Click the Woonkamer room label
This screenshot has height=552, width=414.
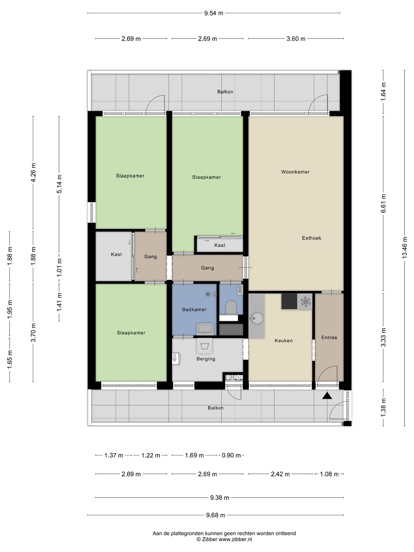click(x=295, y=172)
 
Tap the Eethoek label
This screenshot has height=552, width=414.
click(x=311, y=238)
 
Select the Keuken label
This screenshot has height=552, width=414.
click(x=284, y=340)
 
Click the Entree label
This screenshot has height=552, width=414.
click(x=329, y=337)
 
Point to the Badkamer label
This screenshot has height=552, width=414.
click(x=194, y=310)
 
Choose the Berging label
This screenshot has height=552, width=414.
click(x=206, y=359)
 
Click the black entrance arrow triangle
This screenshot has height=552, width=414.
click(x=327, y=396)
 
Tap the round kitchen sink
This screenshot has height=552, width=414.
click(x=256, y=319)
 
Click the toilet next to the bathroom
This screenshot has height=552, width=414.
click(x=231, y=308)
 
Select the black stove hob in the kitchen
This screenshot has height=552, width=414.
click(x=289, y=301)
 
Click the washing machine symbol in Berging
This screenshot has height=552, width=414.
click(x=205, y=346)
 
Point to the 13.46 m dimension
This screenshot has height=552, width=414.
click(x=404, y=248)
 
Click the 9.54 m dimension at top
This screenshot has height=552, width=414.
click(x=214, y=13)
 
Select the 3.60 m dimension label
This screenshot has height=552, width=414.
click(x=296, y=39)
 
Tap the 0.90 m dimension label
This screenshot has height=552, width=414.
click(x=231, y=455)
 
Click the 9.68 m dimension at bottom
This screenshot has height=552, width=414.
click(x=215, y=515)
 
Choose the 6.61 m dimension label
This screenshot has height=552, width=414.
click(x=383, y=204)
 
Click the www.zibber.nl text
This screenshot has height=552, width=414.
click(x=235, y=539)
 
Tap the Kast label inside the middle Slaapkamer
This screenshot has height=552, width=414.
click(x=220, y=245)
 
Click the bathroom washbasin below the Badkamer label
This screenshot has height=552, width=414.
click(x=205, y=329)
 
